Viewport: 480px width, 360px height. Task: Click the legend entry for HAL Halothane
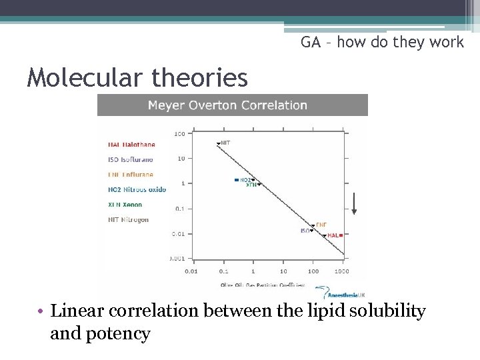point(131,145)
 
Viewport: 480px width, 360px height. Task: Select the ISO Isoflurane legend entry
point(130,159)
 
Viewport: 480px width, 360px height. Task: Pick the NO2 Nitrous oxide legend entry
point(137,190)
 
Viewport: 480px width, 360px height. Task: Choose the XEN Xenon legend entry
point(125,205)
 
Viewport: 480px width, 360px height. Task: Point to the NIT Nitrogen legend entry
point(128,220)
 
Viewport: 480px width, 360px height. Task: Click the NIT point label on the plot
point(226,143)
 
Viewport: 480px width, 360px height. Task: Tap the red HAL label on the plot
point(333,235)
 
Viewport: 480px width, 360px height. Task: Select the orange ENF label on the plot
point(321,225)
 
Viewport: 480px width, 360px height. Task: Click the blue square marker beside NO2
point(237,180)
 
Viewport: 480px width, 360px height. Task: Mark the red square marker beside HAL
point(341,235)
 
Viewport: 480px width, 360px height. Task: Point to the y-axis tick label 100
point(179,134)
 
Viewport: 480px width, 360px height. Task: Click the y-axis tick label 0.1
point(180,209)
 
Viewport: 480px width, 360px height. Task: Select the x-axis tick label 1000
point(341,272)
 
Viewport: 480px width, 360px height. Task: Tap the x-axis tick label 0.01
point(191,272)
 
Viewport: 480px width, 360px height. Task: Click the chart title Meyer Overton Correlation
point(227,105)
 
